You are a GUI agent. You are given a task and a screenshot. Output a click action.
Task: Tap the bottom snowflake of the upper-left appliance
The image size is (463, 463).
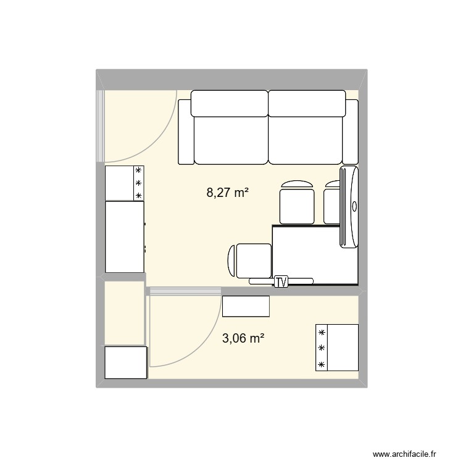[138, 196]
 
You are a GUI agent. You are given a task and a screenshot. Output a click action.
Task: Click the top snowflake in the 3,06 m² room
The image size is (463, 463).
[322, 333]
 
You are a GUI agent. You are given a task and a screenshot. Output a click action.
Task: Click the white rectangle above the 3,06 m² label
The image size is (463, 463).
[246, 306]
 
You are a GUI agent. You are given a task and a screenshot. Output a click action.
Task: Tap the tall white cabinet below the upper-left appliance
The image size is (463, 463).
[125, 237]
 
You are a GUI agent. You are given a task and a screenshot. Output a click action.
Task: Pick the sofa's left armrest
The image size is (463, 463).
[186, 131]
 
